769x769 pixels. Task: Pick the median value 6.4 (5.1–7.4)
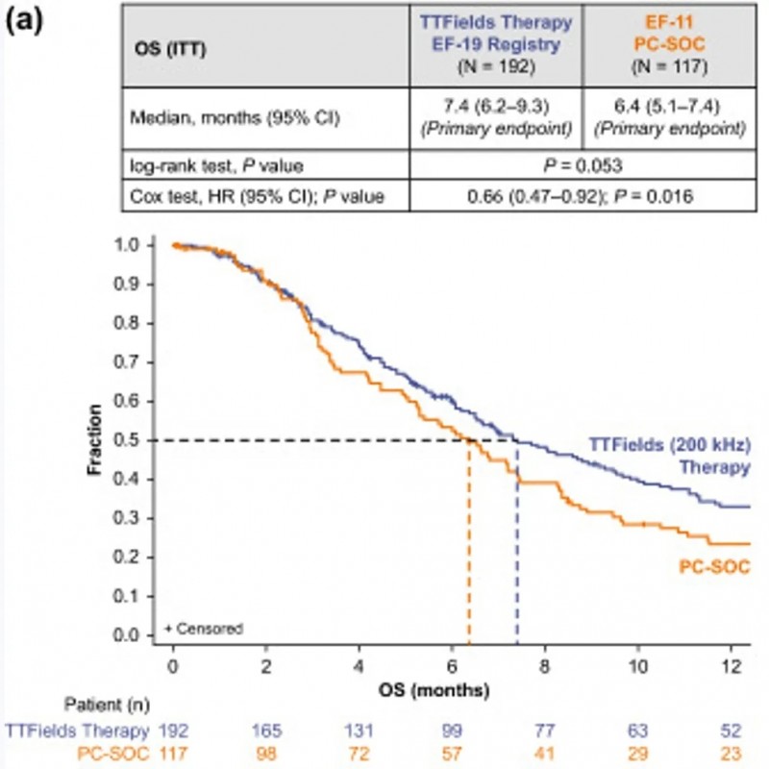pyautogui.click(x=663, y=113)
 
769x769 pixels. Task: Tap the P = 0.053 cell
pyautogui.click(x=580, y=164)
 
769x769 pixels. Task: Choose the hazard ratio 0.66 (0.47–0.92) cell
pyautogui.click(x=580, y=197)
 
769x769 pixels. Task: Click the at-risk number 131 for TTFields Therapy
pyautogui.click(x=360, y=730)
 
